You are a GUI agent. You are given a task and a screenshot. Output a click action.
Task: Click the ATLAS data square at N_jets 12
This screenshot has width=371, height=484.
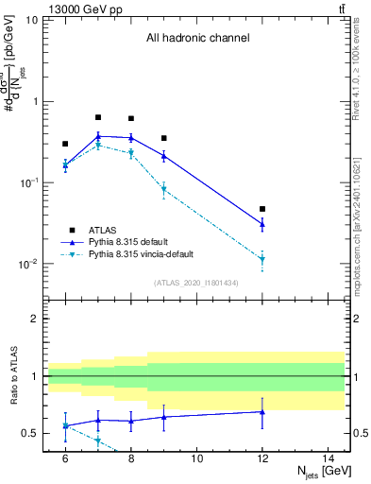[x=262, y=209]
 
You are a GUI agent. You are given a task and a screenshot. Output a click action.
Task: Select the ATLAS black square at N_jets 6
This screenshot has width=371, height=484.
[x=65, y=144]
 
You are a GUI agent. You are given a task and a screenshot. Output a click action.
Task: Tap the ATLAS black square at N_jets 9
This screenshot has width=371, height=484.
[x=163, y=138]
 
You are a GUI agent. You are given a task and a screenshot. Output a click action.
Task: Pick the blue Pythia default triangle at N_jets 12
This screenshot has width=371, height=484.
[x=262, y=223]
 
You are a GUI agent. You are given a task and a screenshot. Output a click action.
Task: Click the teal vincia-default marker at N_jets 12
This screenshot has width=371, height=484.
[x=262, y=258]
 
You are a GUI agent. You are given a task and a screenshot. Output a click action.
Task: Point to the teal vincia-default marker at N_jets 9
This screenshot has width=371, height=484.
[x=163, y=189]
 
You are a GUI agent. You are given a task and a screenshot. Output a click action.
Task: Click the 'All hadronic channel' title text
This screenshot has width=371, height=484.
[x=197, y=39]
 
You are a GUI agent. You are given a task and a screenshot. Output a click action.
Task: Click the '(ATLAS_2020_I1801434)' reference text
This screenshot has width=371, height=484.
[x=196, y=283]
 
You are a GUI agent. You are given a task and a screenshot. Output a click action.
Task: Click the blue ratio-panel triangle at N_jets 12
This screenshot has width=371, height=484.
[x=262, y=411]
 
